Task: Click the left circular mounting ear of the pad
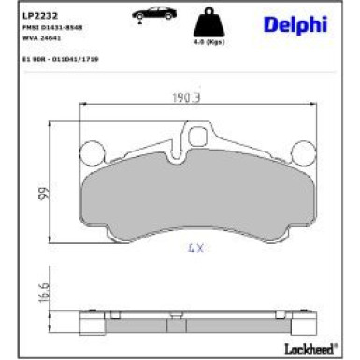pyautogui.click(x=93, y=151)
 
